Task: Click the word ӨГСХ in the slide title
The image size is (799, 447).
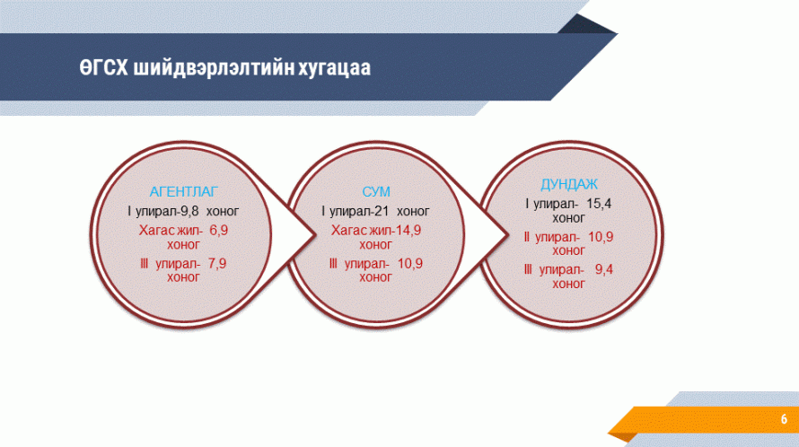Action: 103,67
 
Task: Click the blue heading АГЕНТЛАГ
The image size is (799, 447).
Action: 183,192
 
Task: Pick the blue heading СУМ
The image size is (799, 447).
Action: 376,192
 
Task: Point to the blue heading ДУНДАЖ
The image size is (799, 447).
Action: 568,185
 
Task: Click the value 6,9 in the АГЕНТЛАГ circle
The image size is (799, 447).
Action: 219,231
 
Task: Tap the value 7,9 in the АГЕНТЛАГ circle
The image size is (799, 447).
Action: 217,264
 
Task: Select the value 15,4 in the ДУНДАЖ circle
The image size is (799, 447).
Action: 599,204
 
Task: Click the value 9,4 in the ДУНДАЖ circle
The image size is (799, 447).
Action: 604,269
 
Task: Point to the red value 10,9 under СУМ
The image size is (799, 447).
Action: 410,264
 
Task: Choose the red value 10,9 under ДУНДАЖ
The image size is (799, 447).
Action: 601,237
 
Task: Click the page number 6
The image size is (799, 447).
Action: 784,419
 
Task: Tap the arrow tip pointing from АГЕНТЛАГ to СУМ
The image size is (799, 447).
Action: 315,235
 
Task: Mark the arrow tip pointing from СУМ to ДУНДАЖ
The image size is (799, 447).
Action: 508,235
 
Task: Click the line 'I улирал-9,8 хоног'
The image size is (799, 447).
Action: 183,211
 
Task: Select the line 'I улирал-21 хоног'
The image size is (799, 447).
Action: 375,211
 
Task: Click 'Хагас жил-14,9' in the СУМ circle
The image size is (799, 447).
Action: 376,231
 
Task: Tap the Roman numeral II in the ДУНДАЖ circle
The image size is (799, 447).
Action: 526,237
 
